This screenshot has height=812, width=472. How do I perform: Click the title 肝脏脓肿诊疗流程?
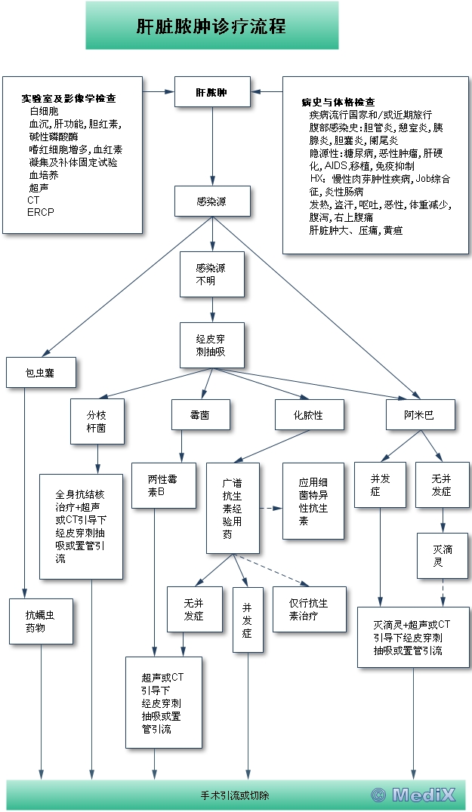click(211, 26)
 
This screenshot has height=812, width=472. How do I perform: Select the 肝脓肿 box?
click(211, 93)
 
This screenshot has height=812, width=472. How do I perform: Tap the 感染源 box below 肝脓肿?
click(211, 201)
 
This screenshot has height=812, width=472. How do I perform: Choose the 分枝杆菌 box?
click(97, 415)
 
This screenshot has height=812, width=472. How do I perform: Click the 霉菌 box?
click(200, 414)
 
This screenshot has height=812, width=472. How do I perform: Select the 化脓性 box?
click(308, 414)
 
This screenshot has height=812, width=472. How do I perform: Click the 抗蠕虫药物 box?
click(40, 621)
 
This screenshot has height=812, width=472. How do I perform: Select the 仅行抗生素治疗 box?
click(309, 609)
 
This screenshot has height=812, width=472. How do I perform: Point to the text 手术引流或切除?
click(234, 795)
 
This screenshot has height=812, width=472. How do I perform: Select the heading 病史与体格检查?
click(339, 102)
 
